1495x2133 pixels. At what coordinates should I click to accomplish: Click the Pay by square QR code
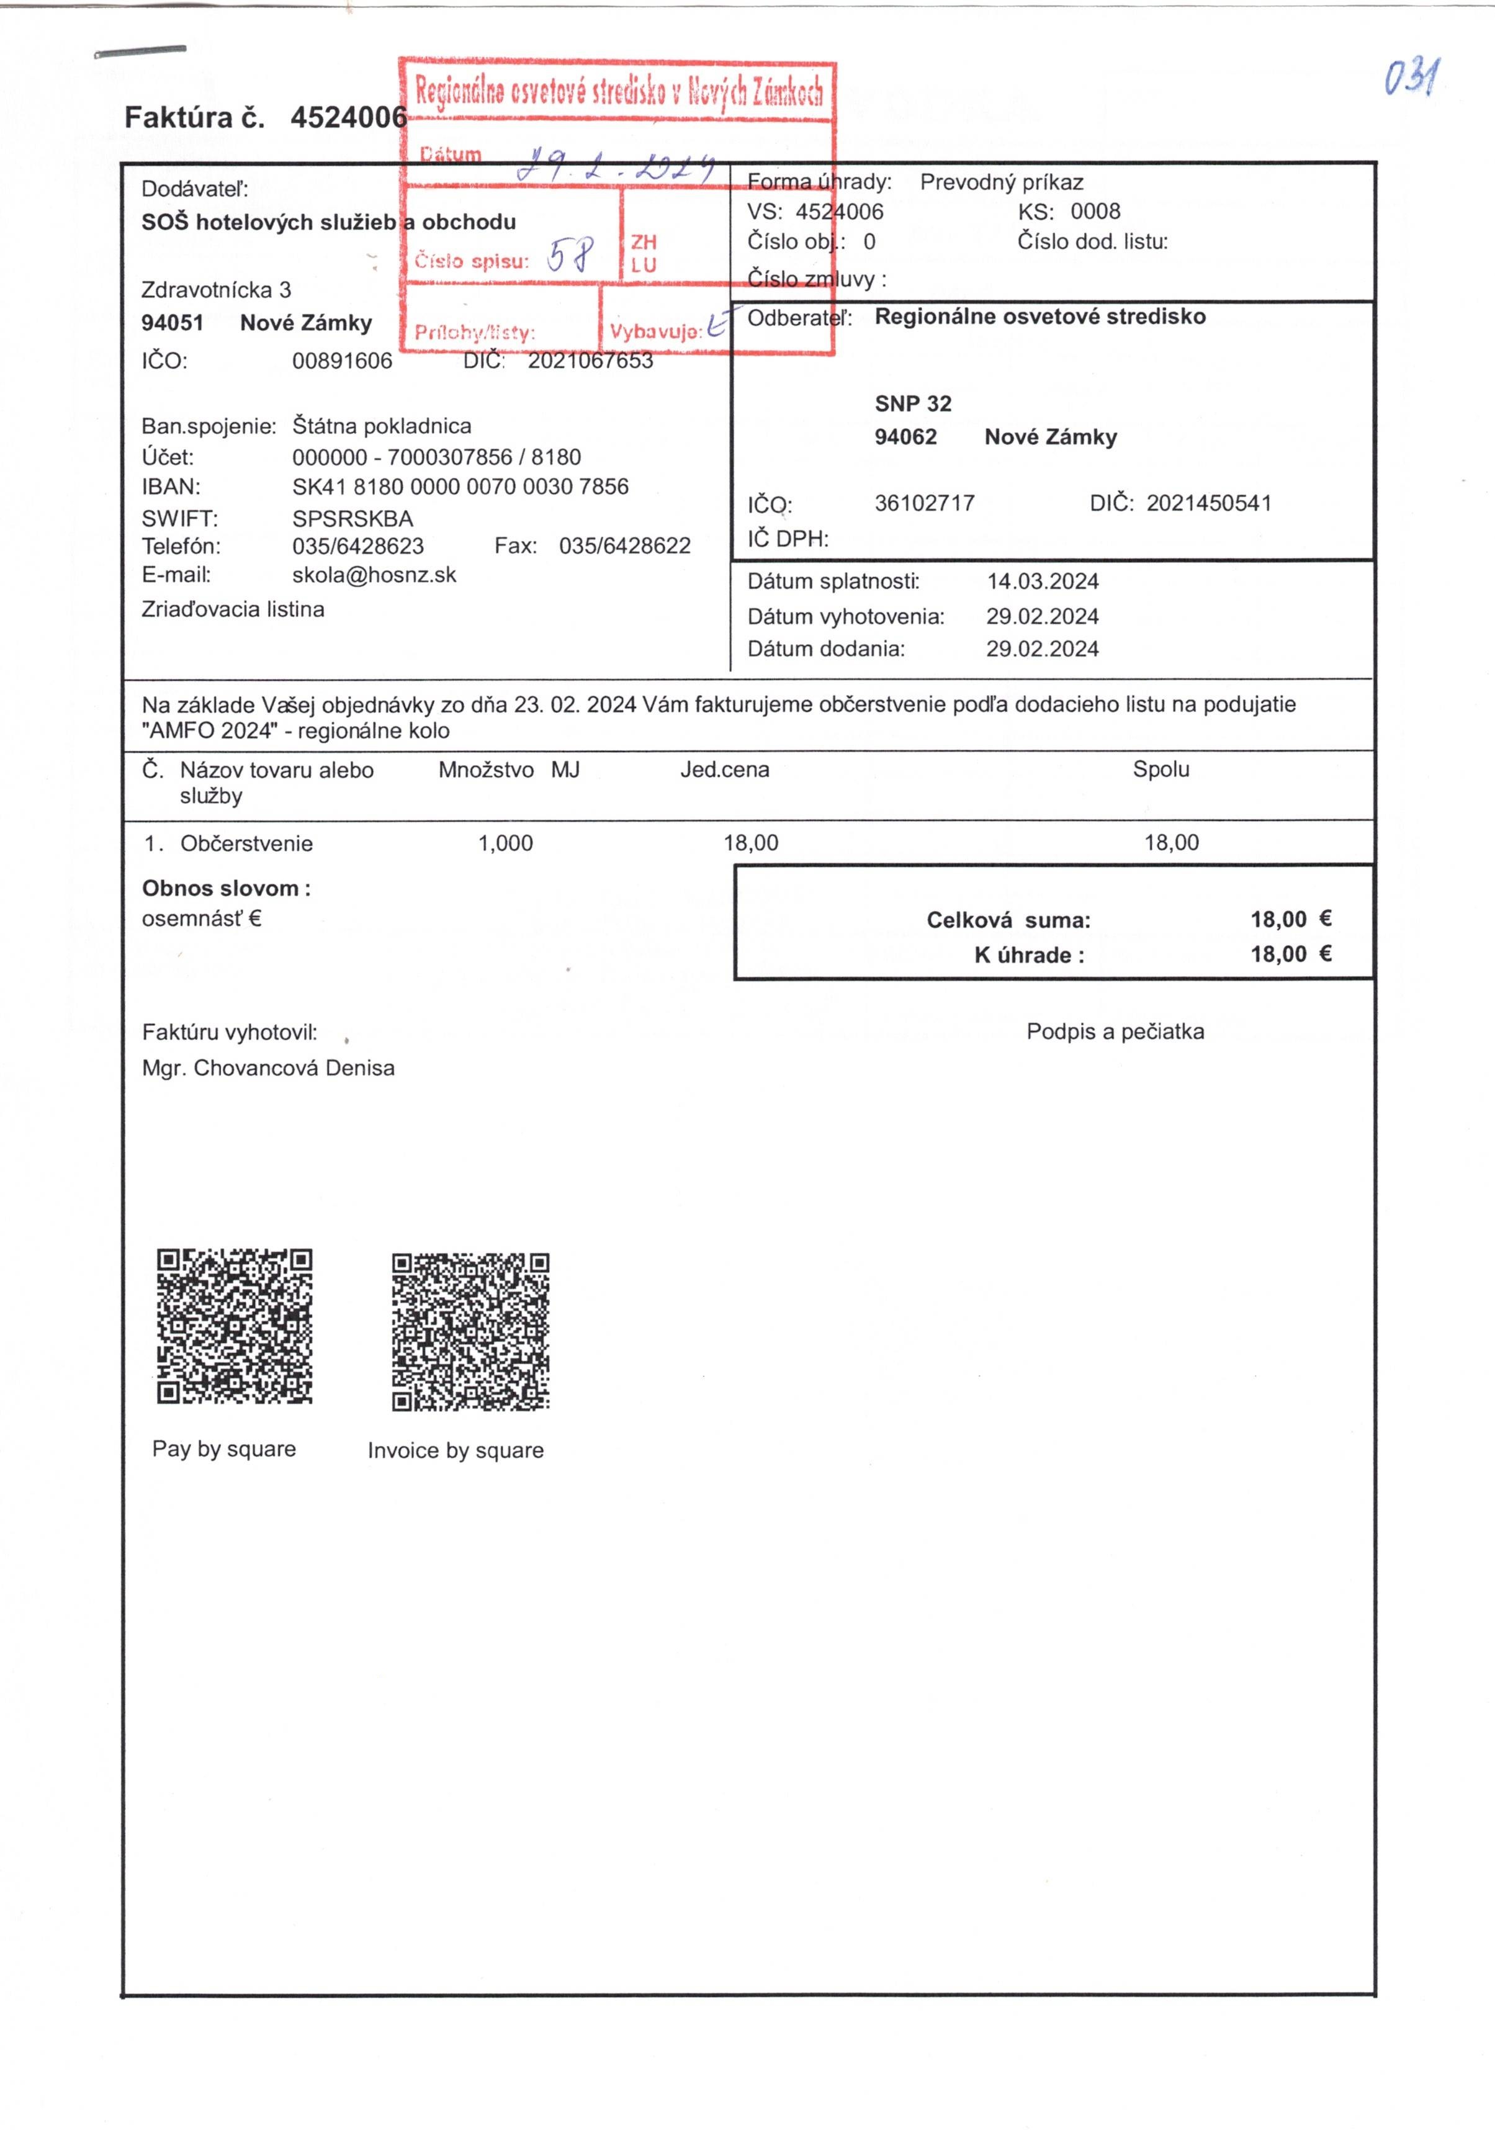tap(234, 1326)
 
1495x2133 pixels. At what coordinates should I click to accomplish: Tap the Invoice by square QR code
tap(470, 1331)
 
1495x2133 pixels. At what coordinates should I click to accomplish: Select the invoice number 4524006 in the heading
tap(348, 118)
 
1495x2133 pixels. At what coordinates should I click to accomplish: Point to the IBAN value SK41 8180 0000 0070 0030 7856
tap(460, 487)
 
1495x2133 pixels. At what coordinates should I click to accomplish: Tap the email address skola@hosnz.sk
tap(374, 575)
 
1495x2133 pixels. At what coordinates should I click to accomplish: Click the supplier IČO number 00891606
tap(342, 361)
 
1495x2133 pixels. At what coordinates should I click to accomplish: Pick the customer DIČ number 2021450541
tap(1208, 503)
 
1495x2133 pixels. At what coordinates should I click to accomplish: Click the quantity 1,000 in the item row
tap(505, 843)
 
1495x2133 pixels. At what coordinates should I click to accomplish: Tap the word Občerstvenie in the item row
tap(246, 843)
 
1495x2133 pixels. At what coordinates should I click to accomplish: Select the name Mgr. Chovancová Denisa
tap(267, 1068)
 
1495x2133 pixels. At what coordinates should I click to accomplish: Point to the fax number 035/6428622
tap(624, 546)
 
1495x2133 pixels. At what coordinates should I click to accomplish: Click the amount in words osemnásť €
tap(202, 918)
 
